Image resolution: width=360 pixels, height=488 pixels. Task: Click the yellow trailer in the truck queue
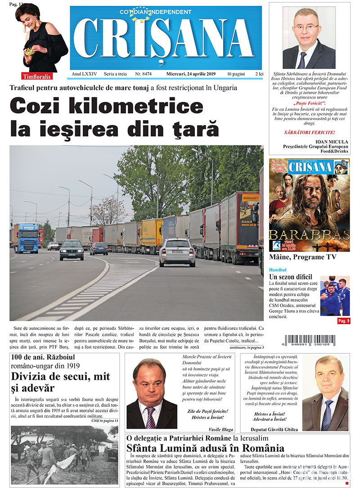[151, 235]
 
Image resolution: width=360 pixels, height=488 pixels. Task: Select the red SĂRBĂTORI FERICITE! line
[309, 132]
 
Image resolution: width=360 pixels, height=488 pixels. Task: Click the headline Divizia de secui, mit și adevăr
[58, 382]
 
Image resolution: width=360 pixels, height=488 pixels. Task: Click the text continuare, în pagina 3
[246, 348]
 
